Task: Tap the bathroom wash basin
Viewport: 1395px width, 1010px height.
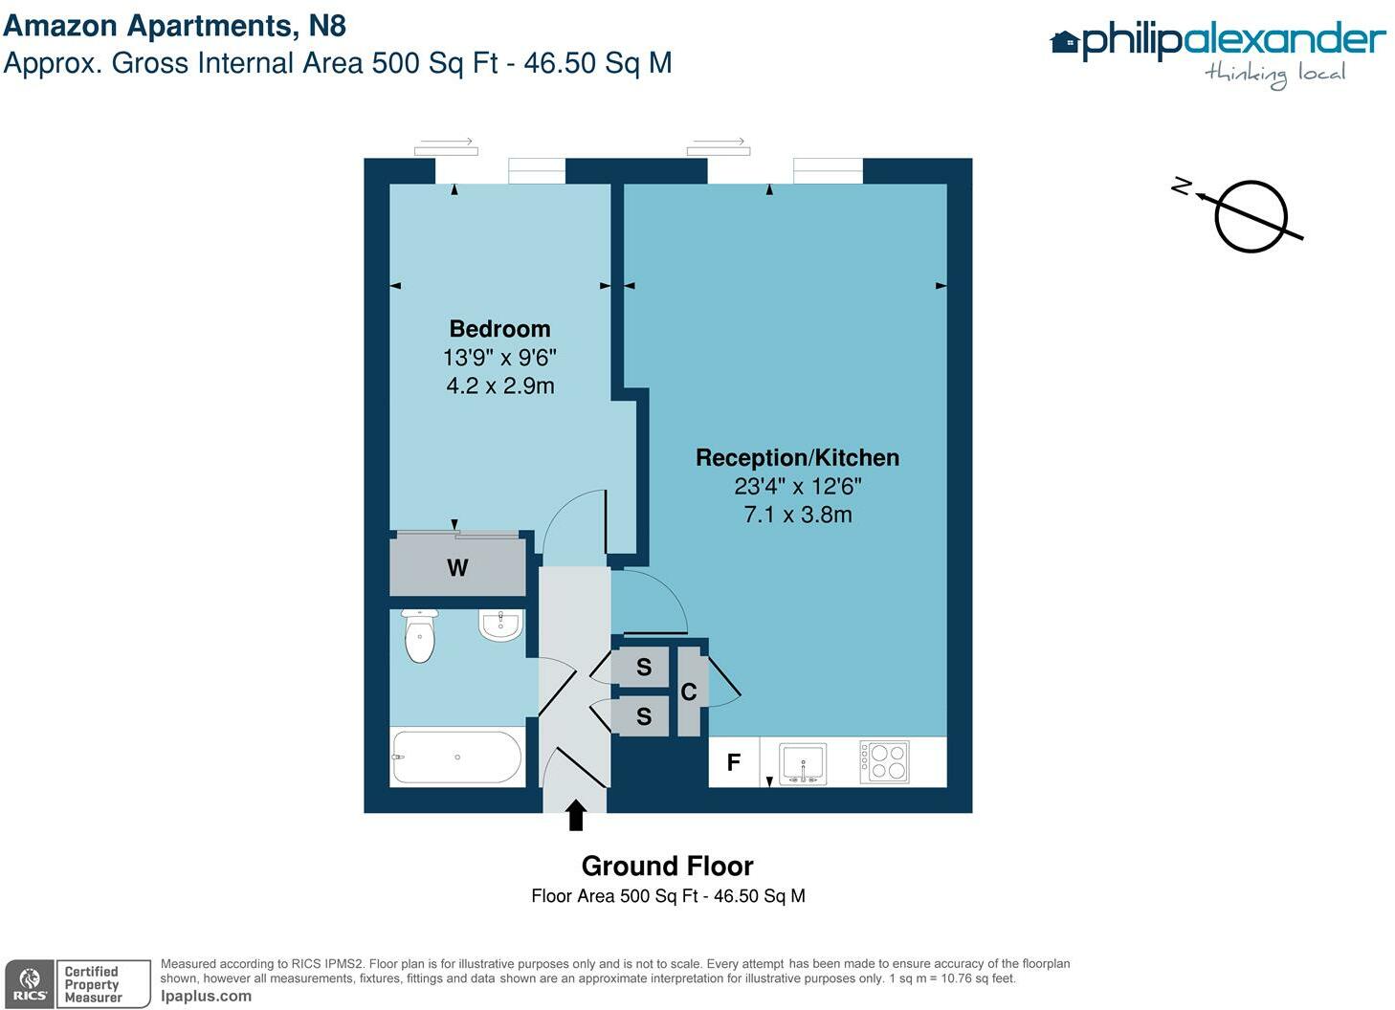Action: (499, 626)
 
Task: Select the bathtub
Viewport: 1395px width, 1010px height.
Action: (456, 757)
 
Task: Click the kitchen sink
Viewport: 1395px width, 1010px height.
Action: (803, 763)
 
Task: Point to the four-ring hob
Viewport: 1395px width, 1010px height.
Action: (884, 762)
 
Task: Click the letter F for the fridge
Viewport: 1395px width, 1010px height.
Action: (734, 762)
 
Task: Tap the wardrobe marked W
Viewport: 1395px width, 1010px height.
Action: (457, 568)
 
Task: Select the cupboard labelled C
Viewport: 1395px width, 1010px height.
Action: (689, 692)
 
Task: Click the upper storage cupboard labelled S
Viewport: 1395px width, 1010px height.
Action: (644, 667)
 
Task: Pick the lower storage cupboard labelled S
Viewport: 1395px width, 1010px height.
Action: (644, 715)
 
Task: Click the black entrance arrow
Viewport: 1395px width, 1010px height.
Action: (575, 815)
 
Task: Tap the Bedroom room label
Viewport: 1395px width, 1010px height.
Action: (499, 329)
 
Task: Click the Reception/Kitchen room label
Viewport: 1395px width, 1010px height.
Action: (797, 458)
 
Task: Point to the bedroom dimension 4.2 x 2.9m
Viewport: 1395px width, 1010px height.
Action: (499, 385)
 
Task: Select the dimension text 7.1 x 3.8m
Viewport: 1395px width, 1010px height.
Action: (797, 515)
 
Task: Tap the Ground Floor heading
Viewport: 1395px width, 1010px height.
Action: (667, 866)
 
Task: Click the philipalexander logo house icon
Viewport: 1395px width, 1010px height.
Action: (1064, 43)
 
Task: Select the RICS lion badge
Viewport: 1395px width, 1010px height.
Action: (30, 984)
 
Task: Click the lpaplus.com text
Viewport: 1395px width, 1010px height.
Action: (206, 996)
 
